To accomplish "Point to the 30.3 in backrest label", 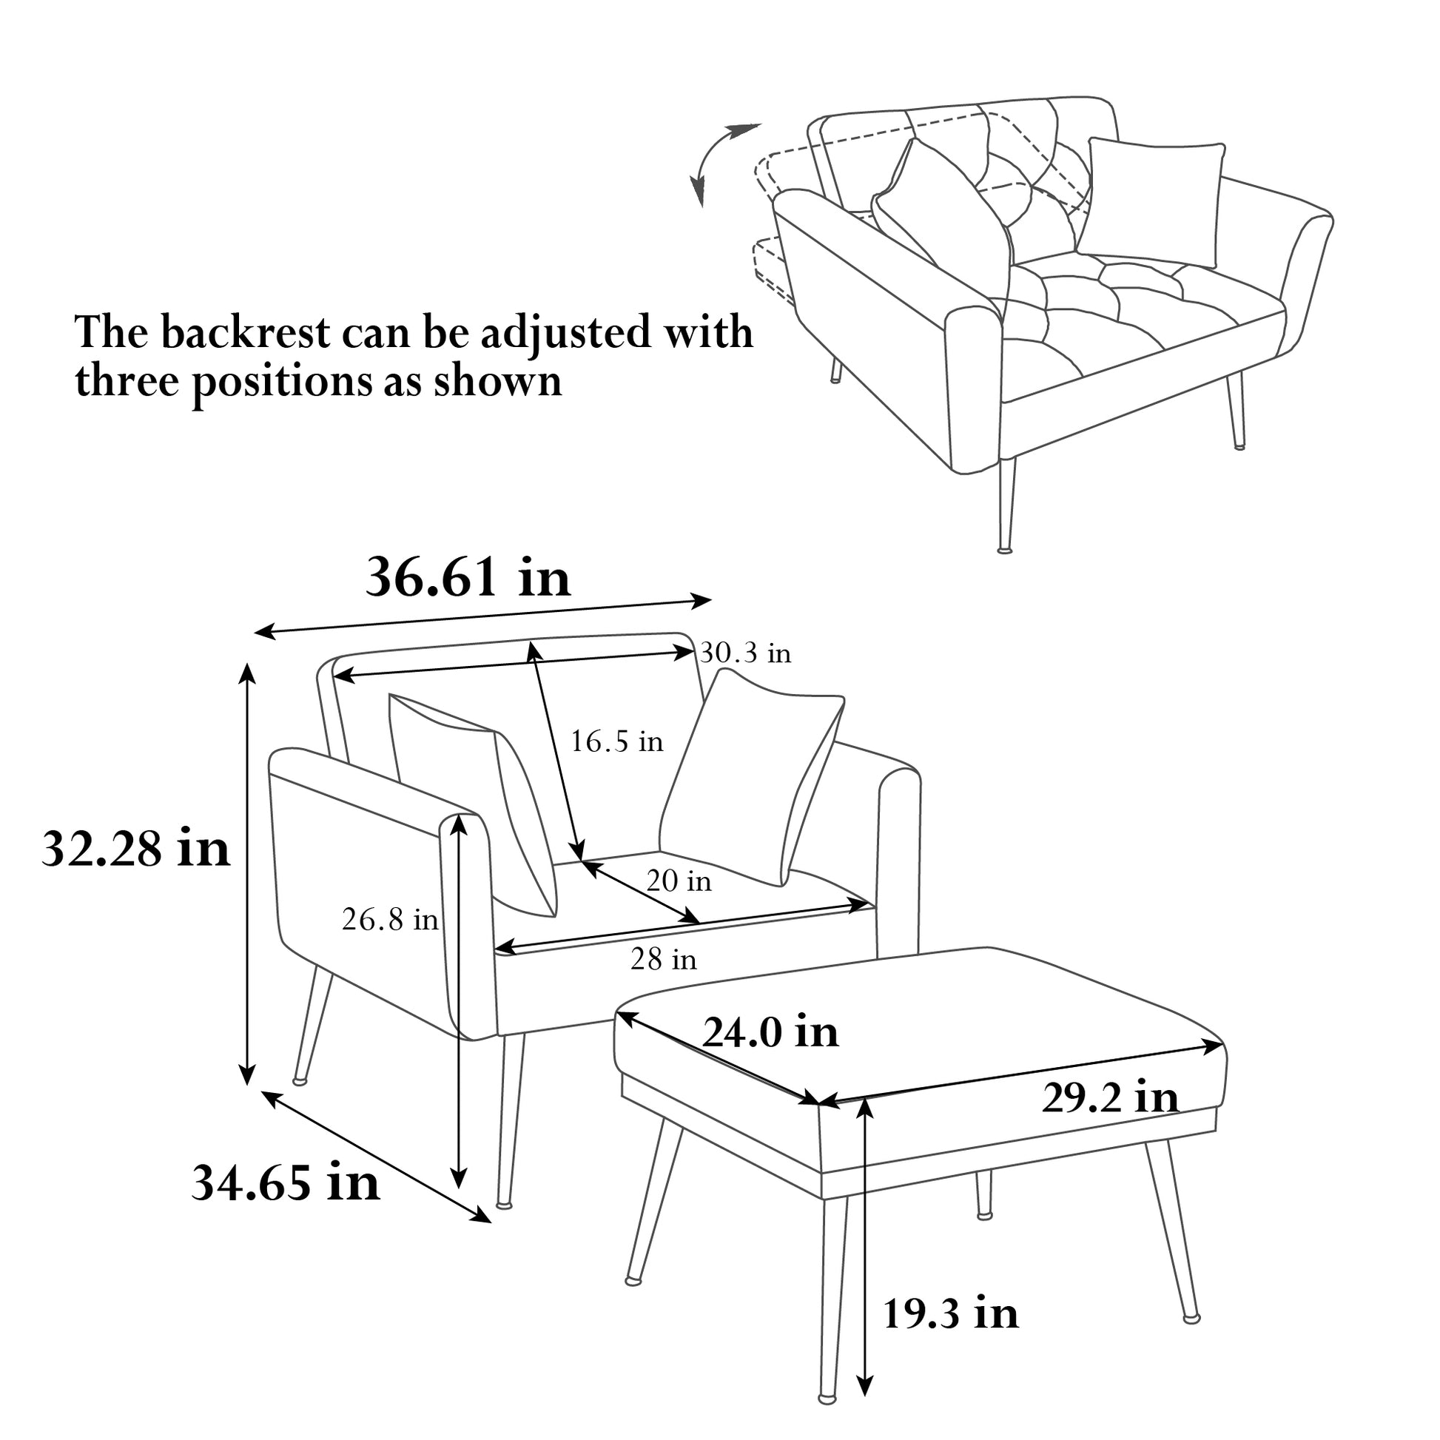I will pyautogui.click(x=744, y=653).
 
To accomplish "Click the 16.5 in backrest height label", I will pyautogui.click(x=616, y=741).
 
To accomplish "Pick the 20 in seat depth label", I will pyautogui.click(x=679, y=881).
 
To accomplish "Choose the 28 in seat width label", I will pyautogui.click(x=663, y=959).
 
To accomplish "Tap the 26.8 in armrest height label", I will pyautogui.click(x=390, y=920).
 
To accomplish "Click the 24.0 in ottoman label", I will pyautogui.click(x=770, y=1032).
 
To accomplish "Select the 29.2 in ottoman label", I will pyautogui.click(x=1110, y=1098).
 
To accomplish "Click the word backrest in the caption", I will pyautogui.click(x=245, y=332).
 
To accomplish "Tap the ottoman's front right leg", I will pyautogui.click(x=1173, y=1245).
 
